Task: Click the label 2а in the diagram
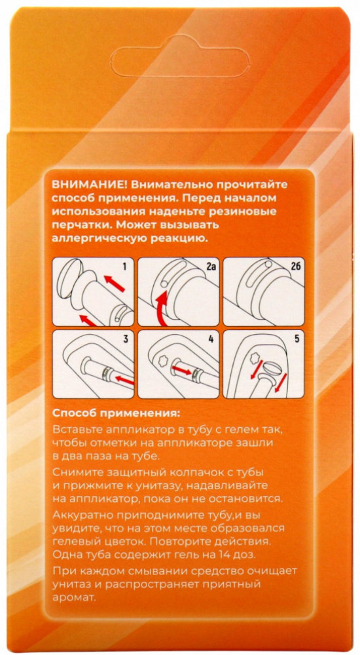[x=209, y=265]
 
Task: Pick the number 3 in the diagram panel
[x=125, y=339]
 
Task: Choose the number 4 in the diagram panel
[x=211, y=339]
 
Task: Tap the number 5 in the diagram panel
[x=297, y=339]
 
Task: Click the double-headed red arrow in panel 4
[x=182, y=369]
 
